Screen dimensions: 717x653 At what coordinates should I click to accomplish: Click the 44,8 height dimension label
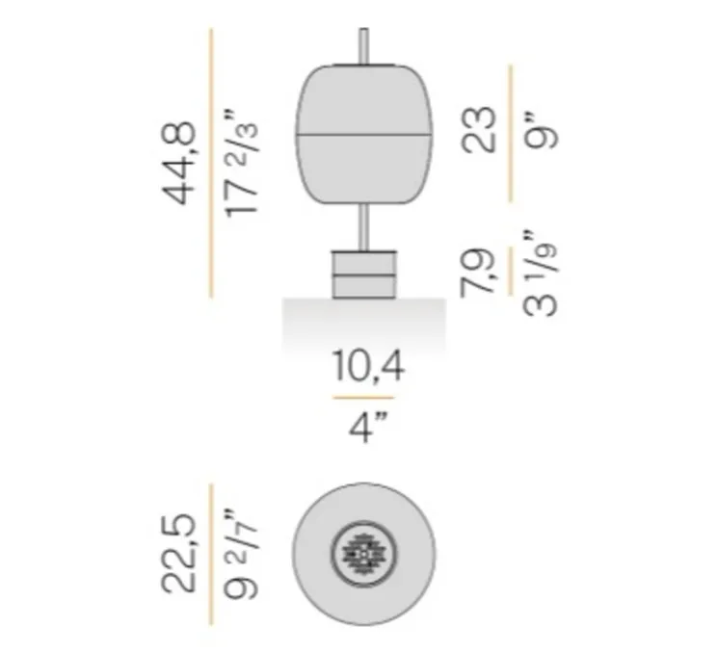tap(179, 163)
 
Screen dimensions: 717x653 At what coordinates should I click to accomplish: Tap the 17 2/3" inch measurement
tap(241, 163)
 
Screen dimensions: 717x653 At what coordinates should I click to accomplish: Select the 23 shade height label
tap(479, 129)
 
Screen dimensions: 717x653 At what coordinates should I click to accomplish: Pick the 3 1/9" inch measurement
tap(540, 273)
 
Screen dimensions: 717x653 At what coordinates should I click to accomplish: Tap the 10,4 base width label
tap(367, 366)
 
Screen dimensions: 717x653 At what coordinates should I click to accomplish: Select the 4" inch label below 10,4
tap(368, 427)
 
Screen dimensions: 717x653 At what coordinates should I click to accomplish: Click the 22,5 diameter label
tap(179, 554)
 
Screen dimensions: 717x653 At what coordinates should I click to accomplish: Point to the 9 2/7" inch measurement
tap(241, 554)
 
